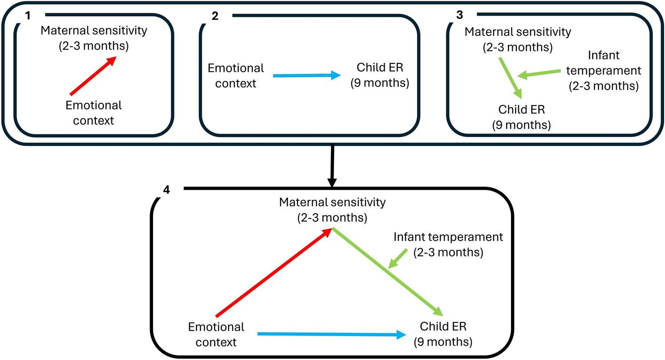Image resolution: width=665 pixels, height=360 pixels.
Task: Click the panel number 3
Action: tap(459, 15)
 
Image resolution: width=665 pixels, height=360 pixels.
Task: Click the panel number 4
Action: tap(166, 190)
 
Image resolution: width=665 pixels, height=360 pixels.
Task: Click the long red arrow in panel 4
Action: tap(274, 272)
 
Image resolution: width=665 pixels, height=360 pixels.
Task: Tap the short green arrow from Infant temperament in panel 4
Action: tap(398, 258)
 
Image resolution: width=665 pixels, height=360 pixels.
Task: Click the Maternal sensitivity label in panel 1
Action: tap(85, 39)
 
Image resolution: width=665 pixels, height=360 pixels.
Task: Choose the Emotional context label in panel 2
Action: tap(236, 75)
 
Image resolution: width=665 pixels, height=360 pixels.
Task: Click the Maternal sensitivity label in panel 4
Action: tap(333, 209)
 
